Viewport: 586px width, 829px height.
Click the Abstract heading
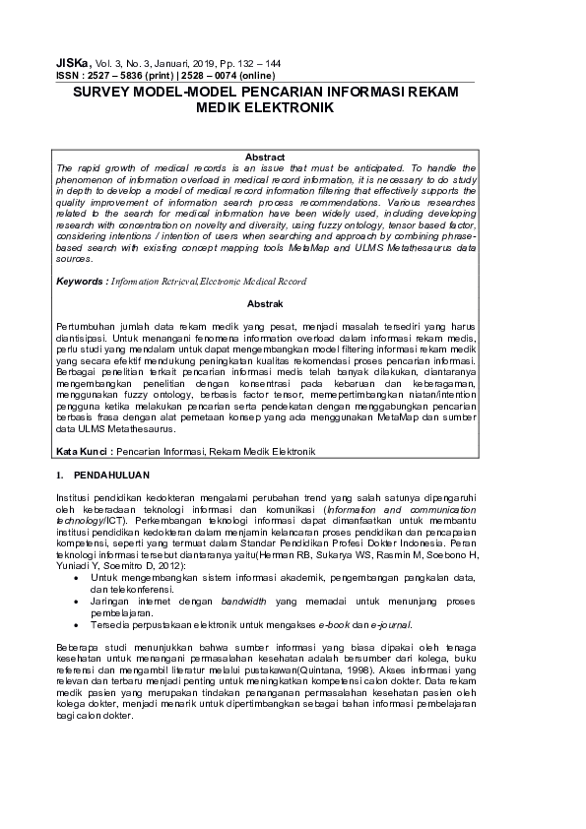pos(265,158)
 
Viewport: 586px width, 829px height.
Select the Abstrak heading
pos(265,304)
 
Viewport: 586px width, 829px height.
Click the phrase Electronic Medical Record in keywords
pos(253,281)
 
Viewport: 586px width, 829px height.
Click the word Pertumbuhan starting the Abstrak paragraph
pos(84,323)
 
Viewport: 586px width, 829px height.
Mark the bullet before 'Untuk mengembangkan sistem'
pos(78,577)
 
